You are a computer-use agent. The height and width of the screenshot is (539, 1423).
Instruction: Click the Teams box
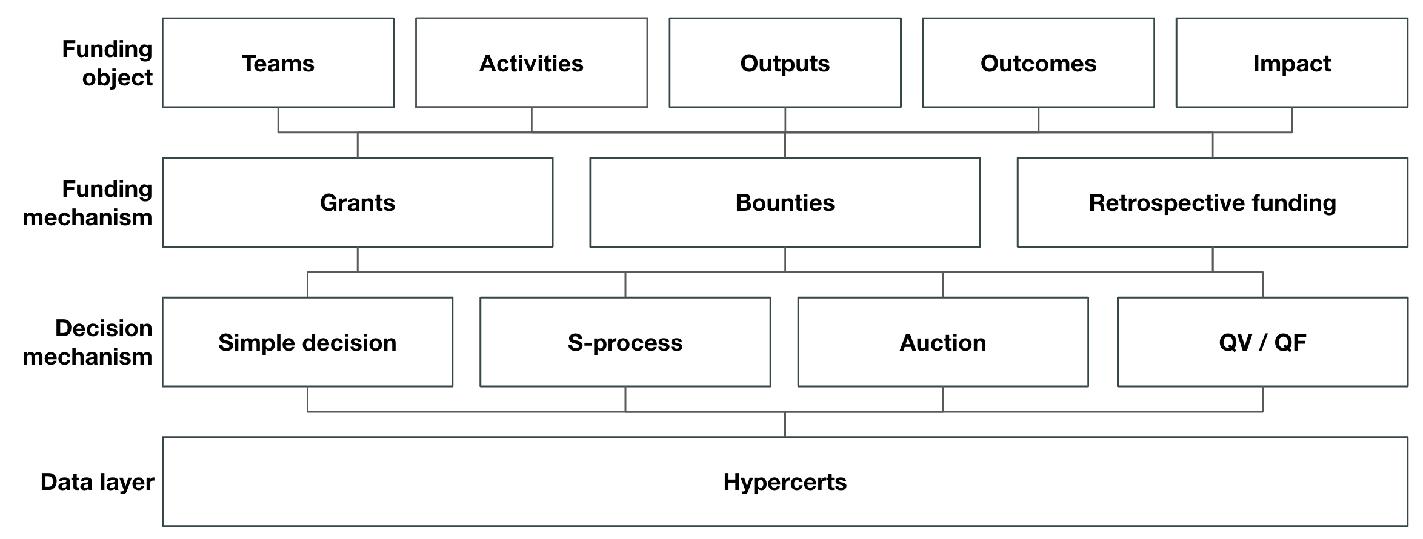[278, 63]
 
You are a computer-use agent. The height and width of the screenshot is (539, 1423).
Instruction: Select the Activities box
[532, 63]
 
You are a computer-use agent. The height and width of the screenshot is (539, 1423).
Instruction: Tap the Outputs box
[785, 63]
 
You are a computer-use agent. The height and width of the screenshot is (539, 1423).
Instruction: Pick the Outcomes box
[1038, 63]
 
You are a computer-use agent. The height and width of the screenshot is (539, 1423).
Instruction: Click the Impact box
[1291, 63]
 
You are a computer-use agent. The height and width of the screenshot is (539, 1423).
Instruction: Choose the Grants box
[358, 202]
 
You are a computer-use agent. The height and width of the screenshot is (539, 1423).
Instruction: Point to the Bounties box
[785, 202]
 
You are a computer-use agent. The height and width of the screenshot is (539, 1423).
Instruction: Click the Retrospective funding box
[1212, 202]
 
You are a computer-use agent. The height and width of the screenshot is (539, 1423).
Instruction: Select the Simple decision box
[307, 342]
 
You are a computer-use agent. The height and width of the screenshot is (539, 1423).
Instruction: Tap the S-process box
[625, 342]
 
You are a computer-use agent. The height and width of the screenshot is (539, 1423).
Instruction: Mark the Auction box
[942, 342]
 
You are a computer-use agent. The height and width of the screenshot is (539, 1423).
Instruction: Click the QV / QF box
[1262, 342]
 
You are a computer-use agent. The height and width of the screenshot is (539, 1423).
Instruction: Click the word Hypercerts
[785, 482]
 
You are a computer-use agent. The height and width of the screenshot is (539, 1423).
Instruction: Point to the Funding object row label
[107, 63]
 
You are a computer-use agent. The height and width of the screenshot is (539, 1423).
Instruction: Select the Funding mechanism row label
[88, 203]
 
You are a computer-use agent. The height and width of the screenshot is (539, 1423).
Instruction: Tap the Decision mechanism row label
[88, 342]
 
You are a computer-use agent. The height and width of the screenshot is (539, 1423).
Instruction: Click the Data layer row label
[97, 482]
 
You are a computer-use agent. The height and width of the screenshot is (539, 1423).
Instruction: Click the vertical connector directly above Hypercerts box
[785, 425]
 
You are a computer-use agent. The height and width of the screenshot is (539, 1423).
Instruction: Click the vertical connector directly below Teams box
[278, 120]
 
